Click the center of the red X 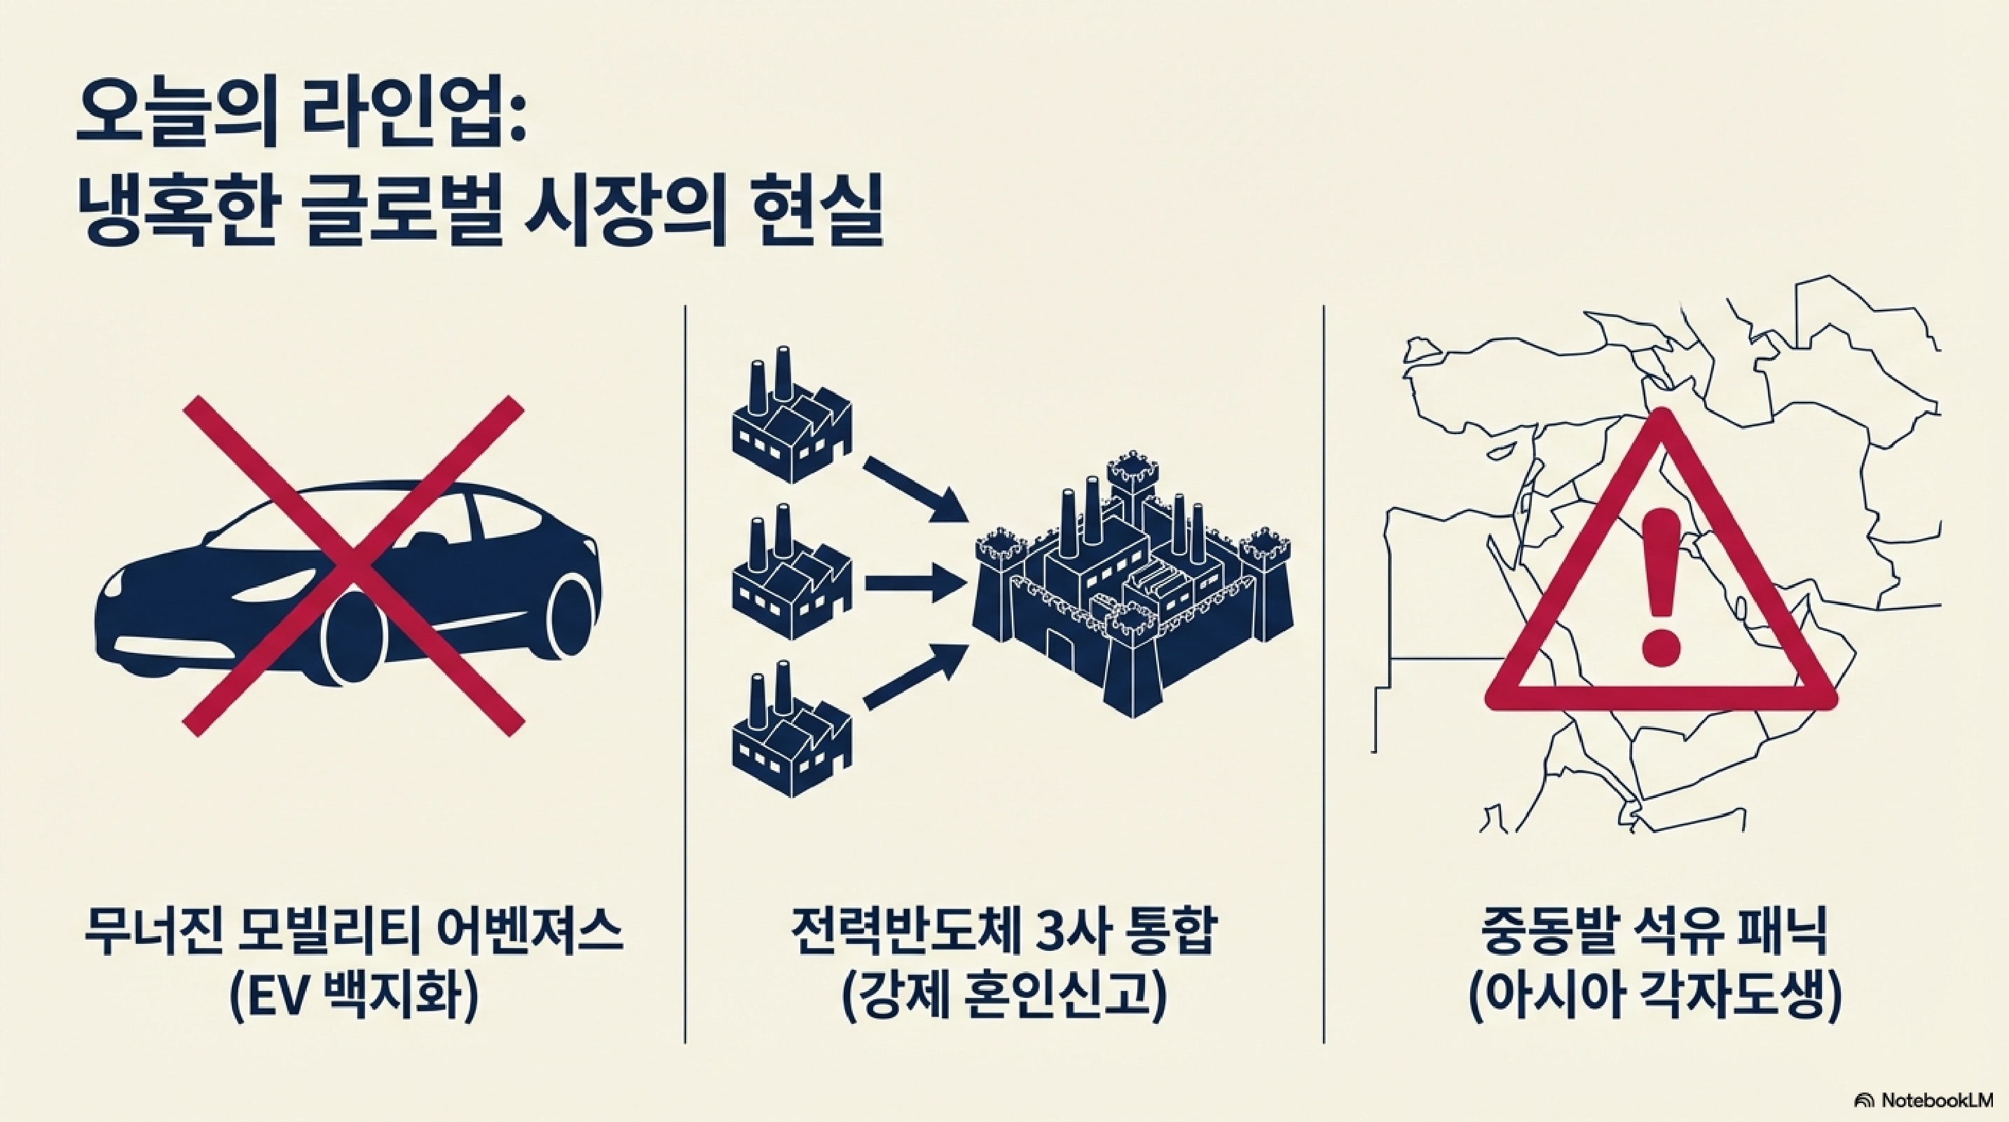pyautogui.click(x=352, y=566)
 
